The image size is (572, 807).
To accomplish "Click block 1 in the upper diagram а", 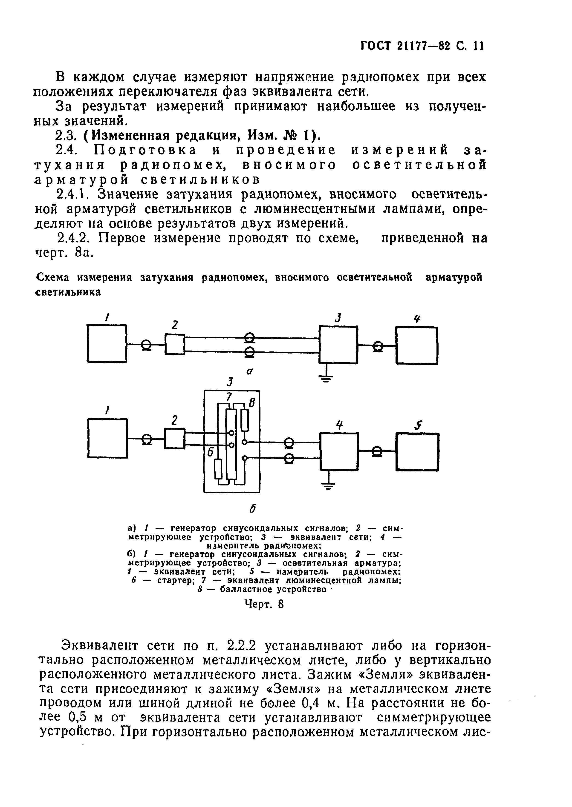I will point(107,343).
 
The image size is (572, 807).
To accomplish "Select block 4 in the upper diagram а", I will point(417,345).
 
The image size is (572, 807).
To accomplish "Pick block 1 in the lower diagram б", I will point(107,438).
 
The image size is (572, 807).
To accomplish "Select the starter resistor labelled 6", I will point(218,469).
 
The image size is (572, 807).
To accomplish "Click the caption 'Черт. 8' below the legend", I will point(264,604).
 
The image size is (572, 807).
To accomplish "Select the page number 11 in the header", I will point(479,46).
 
